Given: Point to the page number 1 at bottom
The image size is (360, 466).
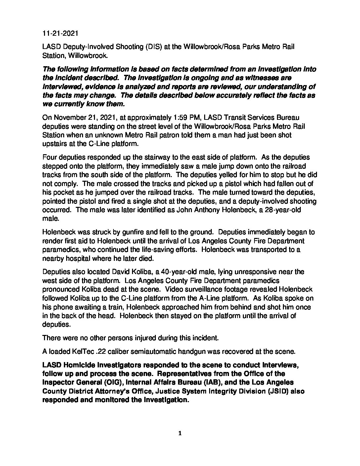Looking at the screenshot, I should tap(180, 433).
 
